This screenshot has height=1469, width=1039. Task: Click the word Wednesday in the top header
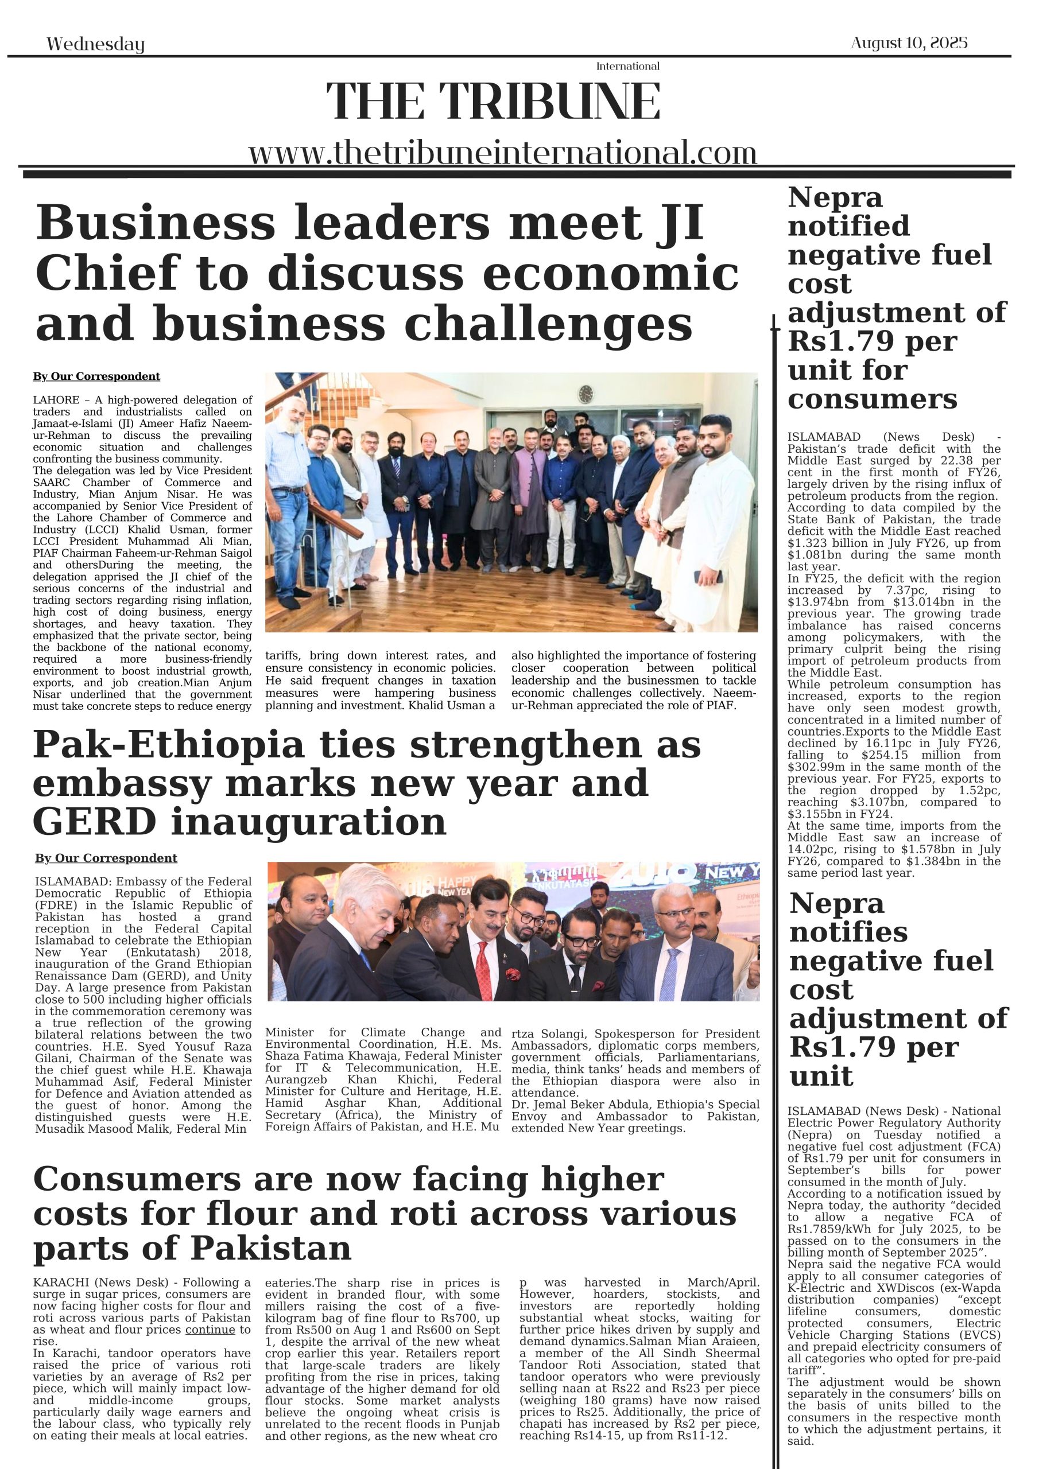click(95, 44)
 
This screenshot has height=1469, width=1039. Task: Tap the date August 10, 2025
click(908, 43)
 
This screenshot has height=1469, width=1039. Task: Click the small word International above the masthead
click(627, 67)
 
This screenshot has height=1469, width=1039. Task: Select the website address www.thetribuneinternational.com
click(502, 154)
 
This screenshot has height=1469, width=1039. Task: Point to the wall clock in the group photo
click(585, 394)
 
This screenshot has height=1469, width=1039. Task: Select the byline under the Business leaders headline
click(96, 376)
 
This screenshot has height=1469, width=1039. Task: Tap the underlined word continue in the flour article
click(211, 1330)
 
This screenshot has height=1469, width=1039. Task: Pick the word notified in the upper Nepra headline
click(848, 226)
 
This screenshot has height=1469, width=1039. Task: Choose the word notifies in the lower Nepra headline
click(848, 932)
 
